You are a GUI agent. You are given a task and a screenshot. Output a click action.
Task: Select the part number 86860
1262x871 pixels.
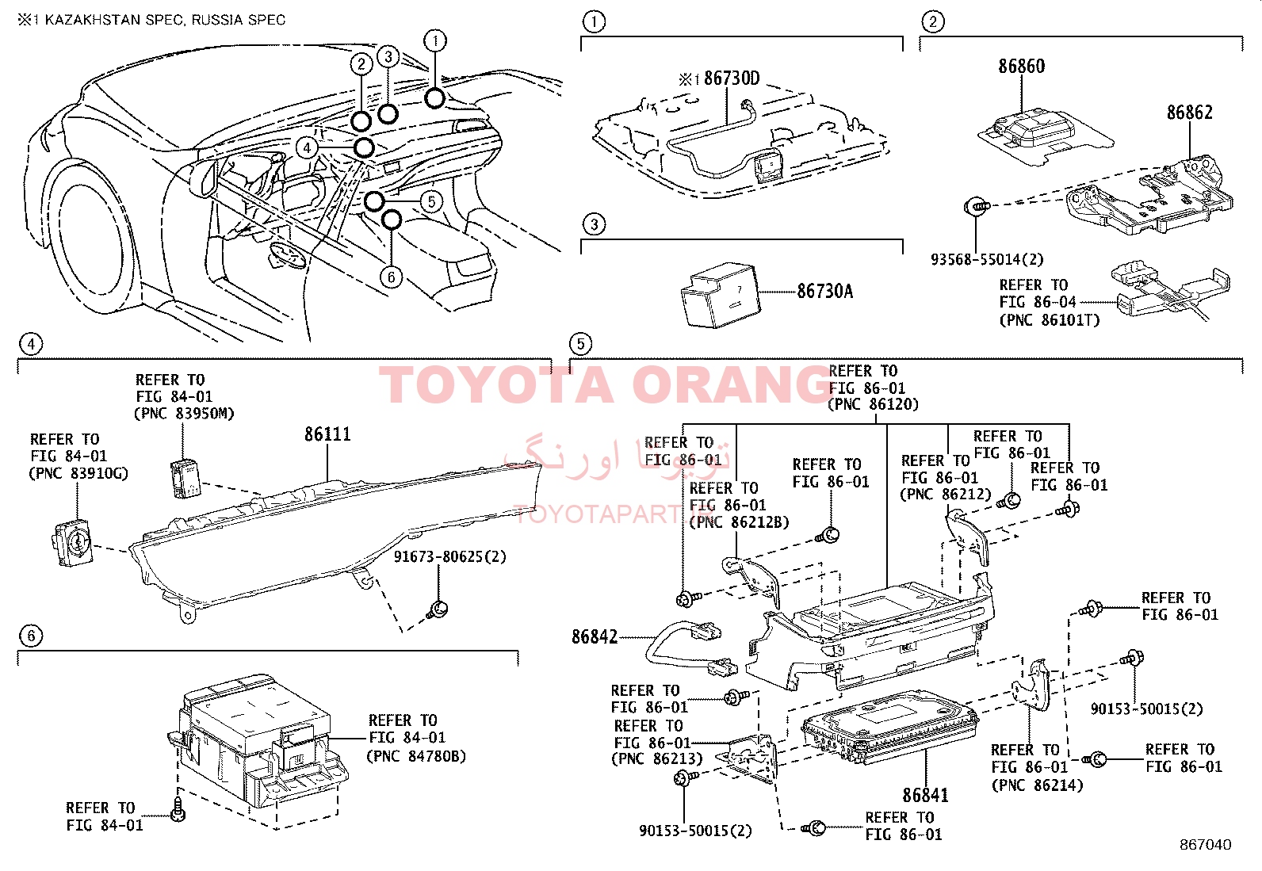pyautogui.click(x=1021, y=66)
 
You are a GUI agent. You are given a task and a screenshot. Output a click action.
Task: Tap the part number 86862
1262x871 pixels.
pyautogui.click(x=1189, y=113)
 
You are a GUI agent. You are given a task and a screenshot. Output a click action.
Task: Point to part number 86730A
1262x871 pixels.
pyautogui.click(x=824, y=292)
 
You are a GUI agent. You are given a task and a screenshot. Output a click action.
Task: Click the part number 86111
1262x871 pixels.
pyautogui.click(x=327, y=434)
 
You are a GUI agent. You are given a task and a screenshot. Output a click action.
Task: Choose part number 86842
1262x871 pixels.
pyautogui.click(x=595, y=636)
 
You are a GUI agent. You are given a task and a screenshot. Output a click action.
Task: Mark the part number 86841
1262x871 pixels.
pyautogui.click(x=925, y=795)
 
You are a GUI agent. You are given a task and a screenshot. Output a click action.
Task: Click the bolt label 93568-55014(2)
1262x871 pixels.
pyautogui.click(x=987, y=259)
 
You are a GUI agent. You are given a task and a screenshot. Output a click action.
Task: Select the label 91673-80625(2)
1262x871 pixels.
pyautogui.click(x=449, y=556)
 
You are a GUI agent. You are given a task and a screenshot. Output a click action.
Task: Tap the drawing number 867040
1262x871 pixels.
pyautogui.click(x=1205, y=845)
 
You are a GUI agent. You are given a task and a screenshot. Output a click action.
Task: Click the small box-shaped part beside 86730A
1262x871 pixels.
pyautogui.click(x=719, y=295)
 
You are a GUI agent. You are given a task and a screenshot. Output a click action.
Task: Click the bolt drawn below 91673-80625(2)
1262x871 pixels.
pyautogui.click(x=438, y=609)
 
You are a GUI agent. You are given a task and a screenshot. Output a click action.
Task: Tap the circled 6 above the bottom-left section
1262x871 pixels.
pyautogui.click(x=31, y=636)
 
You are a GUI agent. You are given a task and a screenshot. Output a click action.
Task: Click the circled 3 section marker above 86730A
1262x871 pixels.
pyautogui.click(x=595, y=224)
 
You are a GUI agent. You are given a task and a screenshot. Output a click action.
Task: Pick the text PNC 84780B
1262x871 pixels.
pyautogui.click(x=415, y=756)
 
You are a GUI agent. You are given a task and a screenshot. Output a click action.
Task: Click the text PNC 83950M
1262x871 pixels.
pyautogui.click(x=185, y=414)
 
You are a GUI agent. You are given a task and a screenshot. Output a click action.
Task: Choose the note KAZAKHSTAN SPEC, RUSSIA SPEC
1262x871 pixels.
pyautogui.click(x=164, y=20)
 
